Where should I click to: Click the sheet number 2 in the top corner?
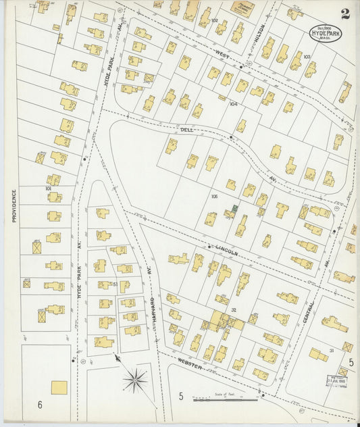pyautogui.click(x=345, y=14)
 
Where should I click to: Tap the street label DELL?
pyautogui.click(x=186, y=128)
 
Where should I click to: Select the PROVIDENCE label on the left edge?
pyautogui.click(x=13, y=205)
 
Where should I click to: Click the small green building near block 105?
pyautogui.click(x=234, y=207)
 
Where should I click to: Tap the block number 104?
pyautogui.click(x=234, y=104)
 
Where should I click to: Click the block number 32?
pyautogui.click(x=233, y=310)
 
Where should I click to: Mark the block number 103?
pyautogui.click(x=307, y=57)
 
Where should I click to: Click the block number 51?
pyautogui.click(x=115, y=284)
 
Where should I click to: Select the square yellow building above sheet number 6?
pyautogui.click(x=59, y=387)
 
